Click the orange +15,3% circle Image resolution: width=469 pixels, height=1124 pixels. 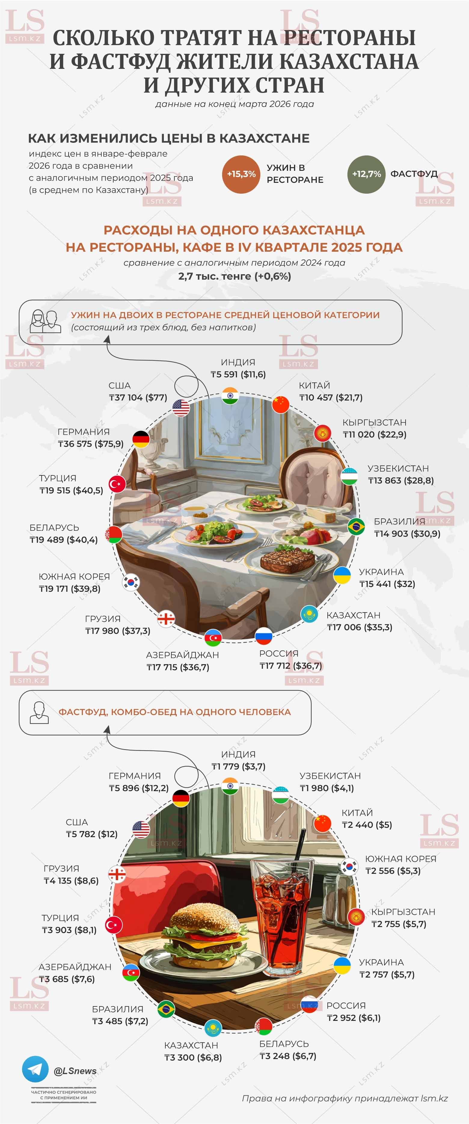(x=241, y=174)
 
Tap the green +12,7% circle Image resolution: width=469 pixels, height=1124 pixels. (x=366, y=174)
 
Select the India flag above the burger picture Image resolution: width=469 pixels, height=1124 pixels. (x=230, y=788)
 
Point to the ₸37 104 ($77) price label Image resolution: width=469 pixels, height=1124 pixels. (x=138, y=398)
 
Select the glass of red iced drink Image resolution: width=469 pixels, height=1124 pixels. (x=282, y=912)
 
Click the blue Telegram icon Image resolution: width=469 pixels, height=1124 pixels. (x=35, y=1069)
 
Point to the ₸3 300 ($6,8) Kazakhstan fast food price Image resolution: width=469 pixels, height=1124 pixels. (x=193, y=1057)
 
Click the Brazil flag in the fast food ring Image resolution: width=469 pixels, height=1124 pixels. (x=166, y=1009)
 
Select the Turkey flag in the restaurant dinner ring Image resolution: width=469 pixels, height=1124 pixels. (x=117, y=484)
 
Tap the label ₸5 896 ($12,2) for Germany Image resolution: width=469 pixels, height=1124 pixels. (x=139, y=788)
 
